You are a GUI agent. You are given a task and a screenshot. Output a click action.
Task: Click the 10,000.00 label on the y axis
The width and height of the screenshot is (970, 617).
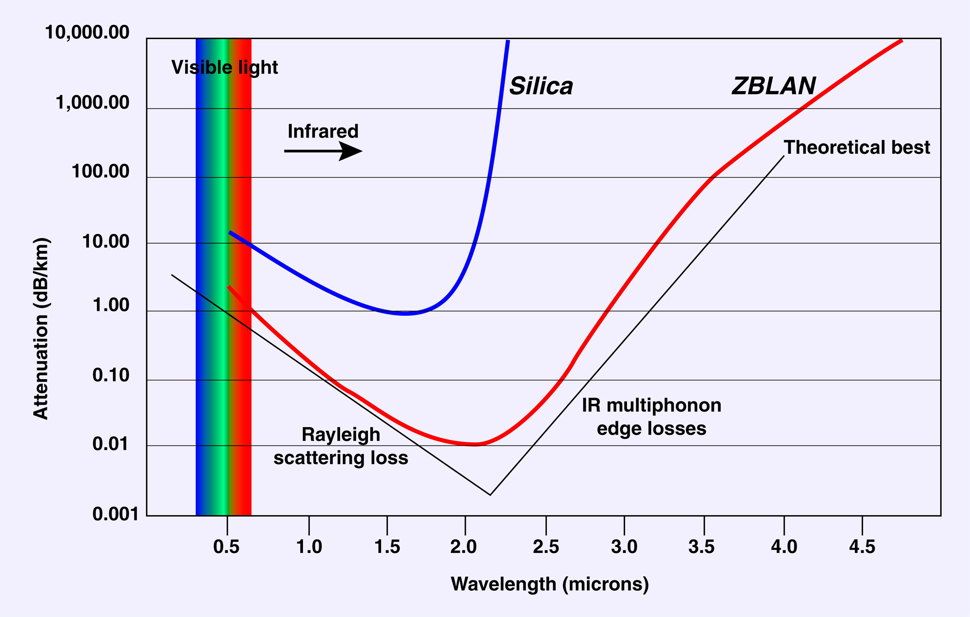pos(87,32)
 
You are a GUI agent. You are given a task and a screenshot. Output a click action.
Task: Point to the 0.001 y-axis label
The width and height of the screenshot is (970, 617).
pos(115,514)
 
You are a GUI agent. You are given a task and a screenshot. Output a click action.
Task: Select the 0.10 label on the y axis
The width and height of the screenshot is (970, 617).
pos(111,375)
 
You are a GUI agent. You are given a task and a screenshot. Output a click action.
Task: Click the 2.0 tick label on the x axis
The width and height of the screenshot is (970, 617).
pos(463,547)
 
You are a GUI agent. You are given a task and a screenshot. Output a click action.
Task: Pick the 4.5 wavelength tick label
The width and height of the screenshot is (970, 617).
pos(862,547)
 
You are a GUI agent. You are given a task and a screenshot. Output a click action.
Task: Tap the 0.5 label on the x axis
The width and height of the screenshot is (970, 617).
pos(226,547)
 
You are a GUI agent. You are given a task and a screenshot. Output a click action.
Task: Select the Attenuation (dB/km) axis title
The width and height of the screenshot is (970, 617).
pos(41,328)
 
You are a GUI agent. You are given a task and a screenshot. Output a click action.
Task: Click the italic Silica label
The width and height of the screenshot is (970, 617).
pos(541,86)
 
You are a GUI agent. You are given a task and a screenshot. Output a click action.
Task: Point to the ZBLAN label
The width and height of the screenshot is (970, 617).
pos(773,86)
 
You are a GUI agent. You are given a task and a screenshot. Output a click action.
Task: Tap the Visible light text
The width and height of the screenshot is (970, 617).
pos(224,67)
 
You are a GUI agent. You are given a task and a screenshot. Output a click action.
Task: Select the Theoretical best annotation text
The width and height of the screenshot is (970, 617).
pos(857,148)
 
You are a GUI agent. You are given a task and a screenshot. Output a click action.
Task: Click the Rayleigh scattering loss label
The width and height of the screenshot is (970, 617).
pos(341,446)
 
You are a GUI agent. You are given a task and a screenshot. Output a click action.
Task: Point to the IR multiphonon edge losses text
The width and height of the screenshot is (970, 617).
pos(652,417)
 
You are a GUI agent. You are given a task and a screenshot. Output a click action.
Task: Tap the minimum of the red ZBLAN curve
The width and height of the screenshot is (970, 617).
pos(475,444)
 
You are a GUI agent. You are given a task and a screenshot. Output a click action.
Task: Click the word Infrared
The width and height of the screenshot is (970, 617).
pos(323,131)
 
